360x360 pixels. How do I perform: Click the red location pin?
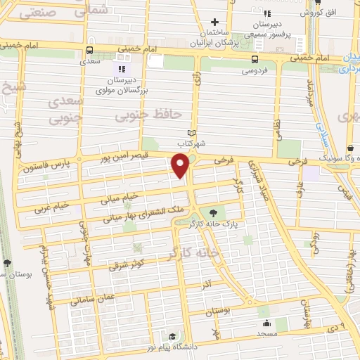(x=180, y=165)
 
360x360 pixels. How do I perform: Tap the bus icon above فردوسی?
(x=255, y=60)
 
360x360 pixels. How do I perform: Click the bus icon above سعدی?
(x=89, y=51)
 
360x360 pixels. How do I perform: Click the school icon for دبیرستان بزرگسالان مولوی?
(x=120, y=69)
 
